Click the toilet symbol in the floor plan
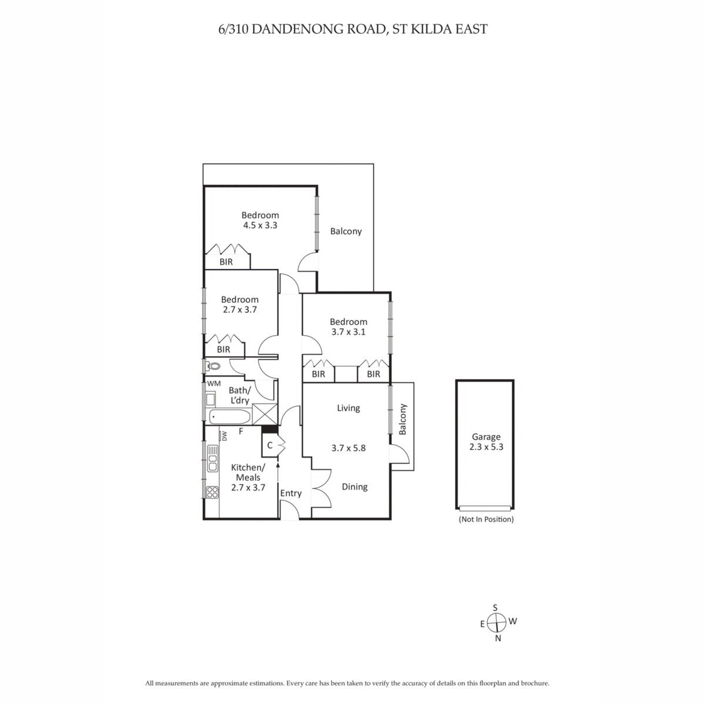213,366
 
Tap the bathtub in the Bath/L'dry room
229,417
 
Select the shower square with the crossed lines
265,414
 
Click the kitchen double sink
212,458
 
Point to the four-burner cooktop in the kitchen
212,492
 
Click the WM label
214,383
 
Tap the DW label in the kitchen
224,436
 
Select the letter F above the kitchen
241,432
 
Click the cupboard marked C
270,445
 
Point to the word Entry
291,493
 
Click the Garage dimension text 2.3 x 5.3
486,447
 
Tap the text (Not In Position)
486,519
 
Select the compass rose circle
497,622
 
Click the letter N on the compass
498,638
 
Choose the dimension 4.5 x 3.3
260,225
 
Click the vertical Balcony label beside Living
402,419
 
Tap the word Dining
354,487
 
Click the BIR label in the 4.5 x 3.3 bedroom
226,261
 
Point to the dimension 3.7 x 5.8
349,448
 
